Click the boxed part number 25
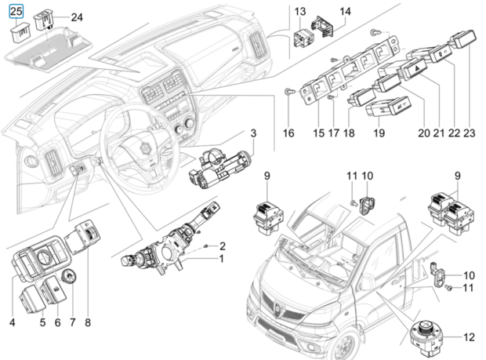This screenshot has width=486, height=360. [16, 12]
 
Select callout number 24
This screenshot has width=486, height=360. [77, 17]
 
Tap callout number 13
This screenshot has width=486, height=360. [300, 12]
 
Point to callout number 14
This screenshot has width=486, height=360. [345, 12]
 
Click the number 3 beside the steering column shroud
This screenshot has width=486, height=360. [253, 133]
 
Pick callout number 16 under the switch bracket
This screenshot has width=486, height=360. [288, 133]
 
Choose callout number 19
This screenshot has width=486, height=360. [379, 133]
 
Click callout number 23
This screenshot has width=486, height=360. [469, 133]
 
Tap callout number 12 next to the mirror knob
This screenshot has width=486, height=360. [469, 337]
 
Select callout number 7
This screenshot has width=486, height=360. [73, 322]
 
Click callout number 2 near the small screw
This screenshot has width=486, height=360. [223, 246]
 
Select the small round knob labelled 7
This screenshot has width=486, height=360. [68, 276]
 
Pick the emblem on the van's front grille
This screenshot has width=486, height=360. [277, 307]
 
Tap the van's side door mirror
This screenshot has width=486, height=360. [364, 282]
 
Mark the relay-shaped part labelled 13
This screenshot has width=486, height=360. [303, 38]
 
